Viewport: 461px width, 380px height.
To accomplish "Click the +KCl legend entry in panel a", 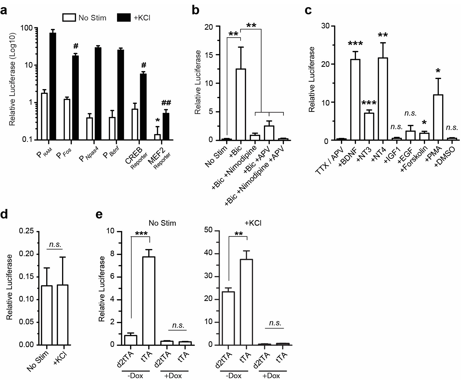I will click(133, 18).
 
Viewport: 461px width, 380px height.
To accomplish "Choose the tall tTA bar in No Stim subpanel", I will click(150, 301).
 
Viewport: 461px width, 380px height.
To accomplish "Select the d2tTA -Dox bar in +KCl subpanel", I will click(228, 318).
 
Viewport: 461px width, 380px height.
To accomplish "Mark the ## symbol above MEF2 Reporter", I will click(166, 103).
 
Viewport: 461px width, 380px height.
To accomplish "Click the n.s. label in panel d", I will click(55, 244).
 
